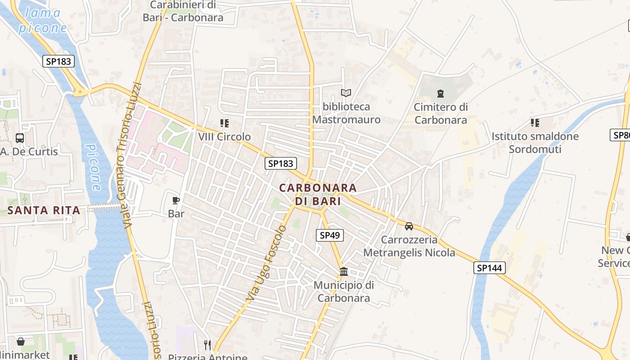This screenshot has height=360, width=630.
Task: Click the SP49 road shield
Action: pos(329,235)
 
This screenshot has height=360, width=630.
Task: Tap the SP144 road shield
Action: pos(490,268)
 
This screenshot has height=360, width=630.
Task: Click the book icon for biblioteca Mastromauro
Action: pos(346,93)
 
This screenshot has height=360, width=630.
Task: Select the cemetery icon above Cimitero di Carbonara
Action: pos(440,94)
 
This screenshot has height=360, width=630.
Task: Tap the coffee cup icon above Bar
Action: pos(176,200)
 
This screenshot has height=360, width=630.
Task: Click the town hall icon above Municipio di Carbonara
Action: pos(344,271)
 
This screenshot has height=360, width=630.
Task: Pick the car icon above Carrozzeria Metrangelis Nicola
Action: pos(409,226)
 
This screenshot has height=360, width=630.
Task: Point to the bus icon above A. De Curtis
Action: pos(20,138)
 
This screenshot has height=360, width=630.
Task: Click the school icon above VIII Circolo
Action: pos(225,123)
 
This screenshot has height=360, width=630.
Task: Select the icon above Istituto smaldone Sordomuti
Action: pos(535,123)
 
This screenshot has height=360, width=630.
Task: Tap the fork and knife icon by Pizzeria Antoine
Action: pos(207,345)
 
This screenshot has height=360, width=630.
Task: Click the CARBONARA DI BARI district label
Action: pos(318,194)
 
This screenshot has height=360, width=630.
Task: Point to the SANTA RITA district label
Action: pos(44,210)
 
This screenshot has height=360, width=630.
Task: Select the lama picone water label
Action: pos(43,20)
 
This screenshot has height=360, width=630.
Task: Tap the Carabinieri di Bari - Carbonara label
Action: pos(183,12)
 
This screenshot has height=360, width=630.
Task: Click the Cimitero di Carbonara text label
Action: pos(441,113)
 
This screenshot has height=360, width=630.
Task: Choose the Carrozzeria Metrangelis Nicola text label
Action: pos(409,246)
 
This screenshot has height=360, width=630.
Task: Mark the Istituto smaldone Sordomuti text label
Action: pos(535,142)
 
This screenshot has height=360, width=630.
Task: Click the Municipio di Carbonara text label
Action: pos(344,291)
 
